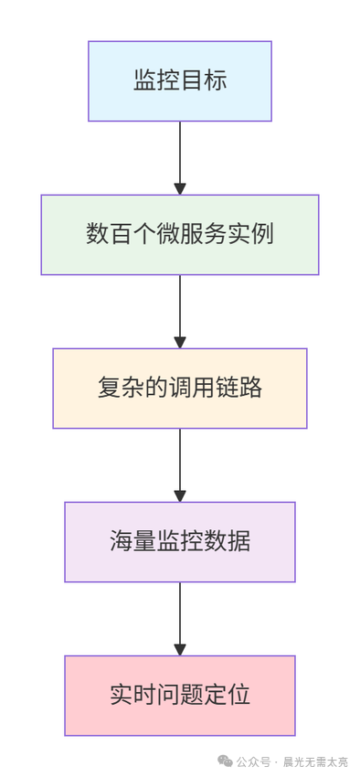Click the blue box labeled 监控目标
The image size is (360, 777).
click(180, 80)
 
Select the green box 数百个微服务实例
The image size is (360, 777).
click(180, 234)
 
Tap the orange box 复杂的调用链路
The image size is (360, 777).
click(180, 388)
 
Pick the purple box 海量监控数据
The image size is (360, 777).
click(180, 541)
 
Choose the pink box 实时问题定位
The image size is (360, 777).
click(180, 695)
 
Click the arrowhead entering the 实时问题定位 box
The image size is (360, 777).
click(180, 649)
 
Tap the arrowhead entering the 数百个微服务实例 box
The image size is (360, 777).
click(180, 188)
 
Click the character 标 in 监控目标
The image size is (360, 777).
click(216, 80)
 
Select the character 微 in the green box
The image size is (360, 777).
click(168, 234)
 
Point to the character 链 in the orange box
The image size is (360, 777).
click(228, 388)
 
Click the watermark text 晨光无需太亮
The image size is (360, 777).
click(315, 761)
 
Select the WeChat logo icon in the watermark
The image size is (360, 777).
click(224, 761)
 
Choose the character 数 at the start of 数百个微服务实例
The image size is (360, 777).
click(97, 234)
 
